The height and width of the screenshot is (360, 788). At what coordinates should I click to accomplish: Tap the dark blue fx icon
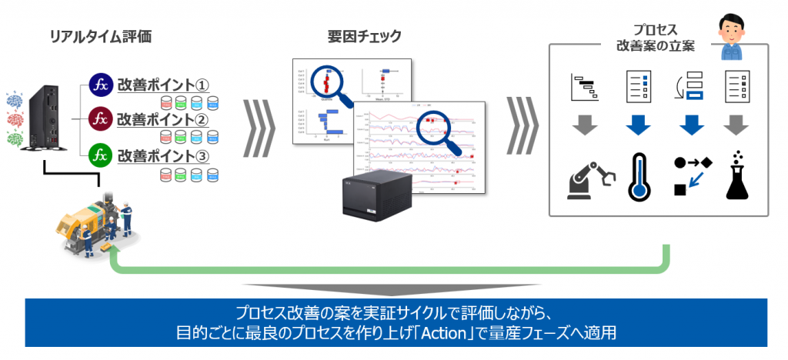pos(101,84)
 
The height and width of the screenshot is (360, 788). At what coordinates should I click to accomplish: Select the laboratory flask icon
pos(738,177)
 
